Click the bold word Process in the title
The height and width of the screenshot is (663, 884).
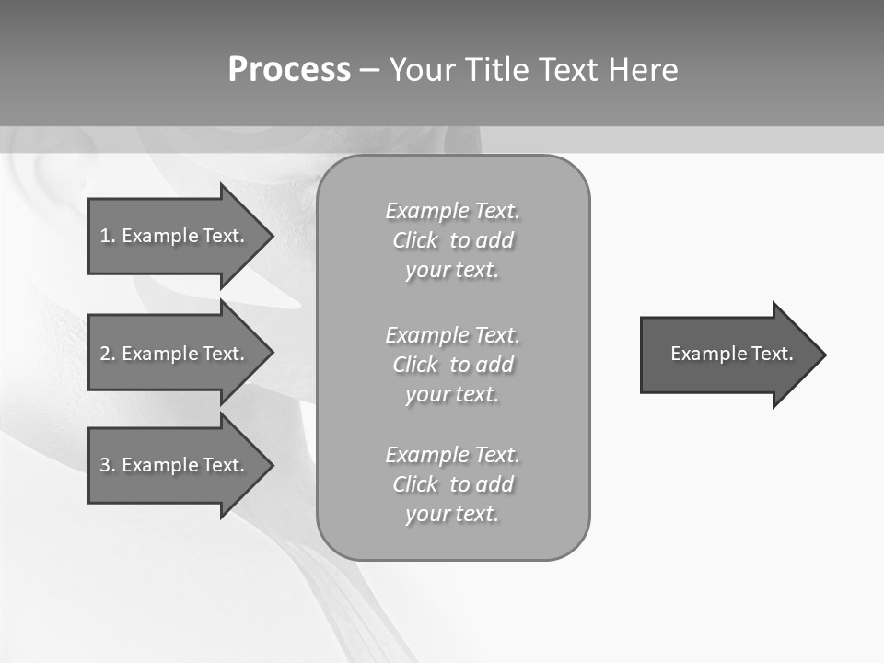click(289, 70)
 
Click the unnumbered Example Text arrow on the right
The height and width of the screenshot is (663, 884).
click(727, 355)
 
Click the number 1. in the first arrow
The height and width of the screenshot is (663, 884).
click(107, 236)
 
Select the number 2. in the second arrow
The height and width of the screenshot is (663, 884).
click(107, 354)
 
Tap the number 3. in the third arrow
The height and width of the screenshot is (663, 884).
click(107, 465)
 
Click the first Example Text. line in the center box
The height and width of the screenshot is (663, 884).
click(452, 211)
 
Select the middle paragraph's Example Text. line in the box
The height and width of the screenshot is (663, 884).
click(452, 334)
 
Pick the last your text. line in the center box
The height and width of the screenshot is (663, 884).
click(452, 514)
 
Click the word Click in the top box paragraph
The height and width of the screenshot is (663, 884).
click(414, 240)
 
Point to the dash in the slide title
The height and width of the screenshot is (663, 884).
click(368, 70)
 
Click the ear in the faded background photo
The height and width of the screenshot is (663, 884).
click(51, 175)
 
